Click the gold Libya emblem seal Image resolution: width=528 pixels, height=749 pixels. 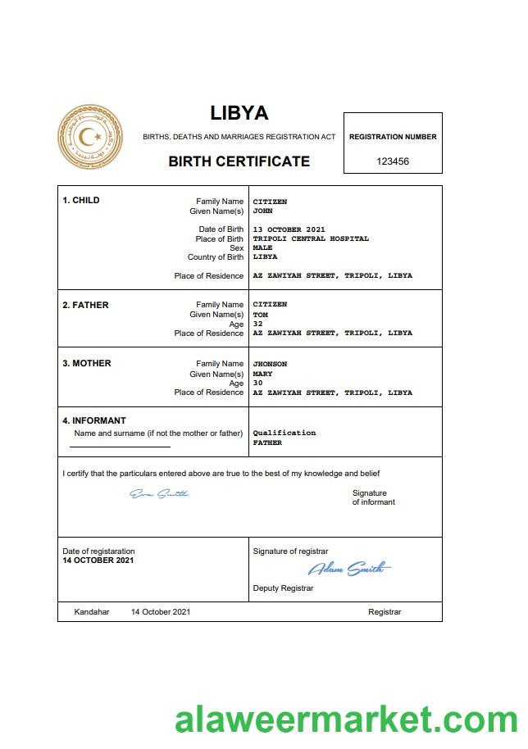90,138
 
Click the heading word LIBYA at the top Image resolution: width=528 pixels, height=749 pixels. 239,113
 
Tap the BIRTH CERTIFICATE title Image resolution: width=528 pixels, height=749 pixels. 239,161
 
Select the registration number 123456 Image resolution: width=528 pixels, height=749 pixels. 393,161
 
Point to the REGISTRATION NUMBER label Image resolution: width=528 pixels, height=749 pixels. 393,137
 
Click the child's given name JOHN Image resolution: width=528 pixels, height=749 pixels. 262,211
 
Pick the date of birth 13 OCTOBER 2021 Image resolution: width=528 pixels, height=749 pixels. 289,229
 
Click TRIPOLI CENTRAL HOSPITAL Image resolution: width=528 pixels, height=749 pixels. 311,238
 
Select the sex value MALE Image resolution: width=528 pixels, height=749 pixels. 262,247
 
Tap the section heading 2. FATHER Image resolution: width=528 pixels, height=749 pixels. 85,305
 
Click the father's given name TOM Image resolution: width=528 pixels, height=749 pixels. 260,315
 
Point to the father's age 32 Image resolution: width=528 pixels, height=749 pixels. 257,324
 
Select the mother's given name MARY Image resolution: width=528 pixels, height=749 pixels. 262,374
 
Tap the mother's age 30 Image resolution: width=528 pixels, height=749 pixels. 257,383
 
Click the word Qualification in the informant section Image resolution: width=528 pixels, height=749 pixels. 284,433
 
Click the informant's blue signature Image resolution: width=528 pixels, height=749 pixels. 159,493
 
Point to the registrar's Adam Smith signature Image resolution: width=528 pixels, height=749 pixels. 348,569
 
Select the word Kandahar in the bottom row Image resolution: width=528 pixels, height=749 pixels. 92,612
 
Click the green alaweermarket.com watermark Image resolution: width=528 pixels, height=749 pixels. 346,722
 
